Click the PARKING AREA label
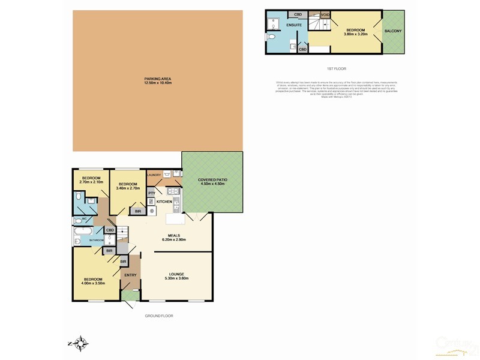[158, 80]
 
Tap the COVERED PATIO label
[212, 182]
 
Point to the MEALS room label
[175, 237]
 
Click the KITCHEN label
[164, 202]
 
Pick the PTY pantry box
[152, 193]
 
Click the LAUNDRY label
[154, 175]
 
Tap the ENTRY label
[130, 275]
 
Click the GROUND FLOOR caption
[158, 316]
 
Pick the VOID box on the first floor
[325, 14]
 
